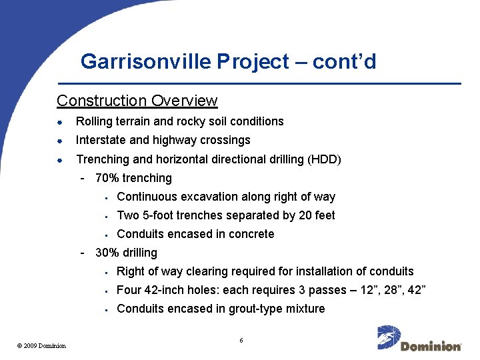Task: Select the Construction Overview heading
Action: (x=137, y=101)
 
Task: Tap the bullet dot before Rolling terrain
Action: (x=59, y=122)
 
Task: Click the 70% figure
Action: (x=107, y=178)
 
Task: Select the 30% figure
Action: (x=107, y=253)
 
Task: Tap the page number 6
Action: (x=241, y=341)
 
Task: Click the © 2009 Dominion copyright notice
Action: (x=41, y=345)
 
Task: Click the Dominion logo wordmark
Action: (x=431, y=346)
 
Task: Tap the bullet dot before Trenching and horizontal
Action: (x=59, y=160)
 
